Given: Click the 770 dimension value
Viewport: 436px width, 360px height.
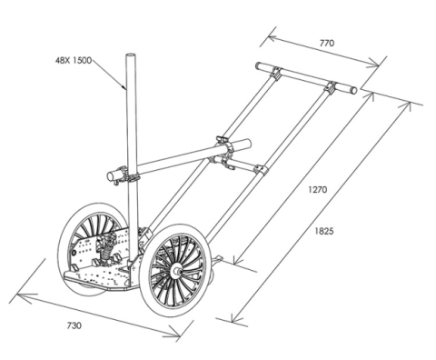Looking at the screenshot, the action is [327, 43].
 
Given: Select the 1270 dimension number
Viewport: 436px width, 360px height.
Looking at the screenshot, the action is [318, 190].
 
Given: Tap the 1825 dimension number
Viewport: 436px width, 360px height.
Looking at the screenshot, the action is [324, 231].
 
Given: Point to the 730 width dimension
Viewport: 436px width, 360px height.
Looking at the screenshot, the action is [74, 325].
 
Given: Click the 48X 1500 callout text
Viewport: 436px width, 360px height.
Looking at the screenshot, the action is [74, 60].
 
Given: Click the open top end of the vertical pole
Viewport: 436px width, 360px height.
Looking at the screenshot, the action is [131, 56].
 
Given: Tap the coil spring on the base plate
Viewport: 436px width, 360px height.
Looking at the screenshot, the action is [105, 253].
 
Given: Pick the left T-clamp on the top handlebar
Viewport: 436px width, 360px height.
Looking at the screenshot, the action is [276, 74].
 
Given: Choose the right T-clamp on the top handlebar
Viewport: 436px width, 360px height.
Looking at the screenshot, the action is [331, 87].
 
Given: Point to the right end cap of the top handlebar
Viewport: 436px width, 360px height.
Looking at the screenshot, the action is [353, 90].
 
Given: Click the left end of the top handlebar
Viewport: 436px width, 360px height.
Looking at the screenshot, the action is [258, 65].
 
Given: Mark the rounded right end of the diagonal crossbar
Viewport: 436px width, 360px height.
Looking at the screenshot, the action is [248, 143].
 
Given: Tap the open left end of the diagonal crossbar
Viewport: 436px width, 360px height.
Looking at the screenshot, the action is [111, 176].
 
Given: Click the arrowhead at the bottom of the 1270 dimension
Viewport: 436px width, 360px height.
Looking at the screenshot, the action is [239, 258].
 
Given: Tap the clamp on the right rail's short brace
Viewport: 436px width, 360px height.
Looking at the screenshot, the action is [261, 171].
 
